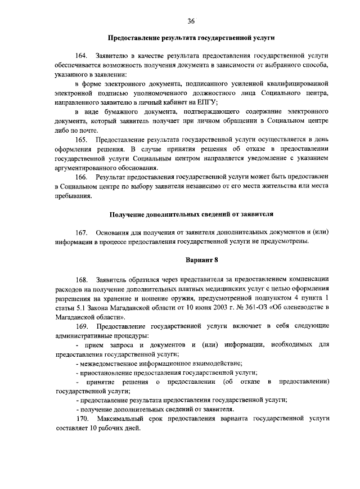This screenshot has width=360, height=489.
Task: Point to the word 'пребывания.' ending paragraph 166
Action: click(73, 196)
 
